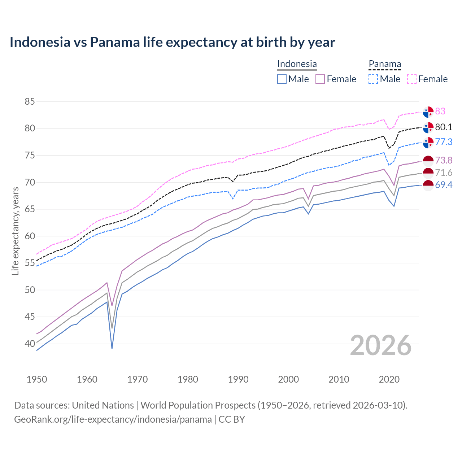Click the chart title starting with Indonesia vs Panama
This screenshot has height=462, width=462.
(x=172, y=42)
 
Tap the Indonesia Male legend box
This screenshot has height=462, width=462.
(x=282, y=79)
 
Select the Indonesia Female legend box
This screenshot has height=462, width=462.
(x=320, y=79)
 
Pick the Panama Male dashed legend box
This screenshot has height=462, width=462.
(x=373, y=79)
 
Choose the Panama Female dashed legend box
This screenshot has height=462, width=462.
(x=412, y=79)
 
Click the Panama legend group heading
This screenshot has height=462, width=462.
(x=384, y=64)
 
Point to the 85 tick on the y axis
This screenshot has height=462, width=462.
(x=30, y=102)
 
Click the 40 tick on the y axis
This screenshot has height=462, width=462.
(x=30, y=344)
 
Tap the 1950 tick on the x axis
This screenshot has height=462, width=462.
(x=37, y=379)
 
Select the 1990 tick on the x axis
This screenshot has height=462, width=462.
(x=238, y=379)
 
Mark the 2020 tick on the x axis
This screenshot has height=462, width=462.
(x=389, y=379)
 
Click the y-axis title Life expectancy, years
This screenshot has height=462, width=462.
(x=15, y=231)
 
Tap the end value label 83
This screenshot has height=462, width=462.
(x=440, y=111)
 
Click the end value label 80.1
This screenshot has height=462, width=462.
(x=444, y=127)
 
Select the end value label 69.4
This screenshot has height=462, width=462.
(x=444, y=185)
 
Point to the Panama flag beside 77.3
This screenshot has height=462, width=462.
(x=428, y=143)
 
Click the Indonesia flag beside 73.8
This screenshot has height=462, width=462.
(x=428, y=161)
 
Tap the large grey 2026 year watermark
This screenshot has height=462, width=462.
(x=381, y=345)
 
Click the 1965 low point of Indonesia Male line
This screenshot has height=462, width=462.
(x=112, y=348)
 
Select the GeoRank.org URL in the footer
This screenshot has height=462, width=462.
(x=113, y=419)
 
